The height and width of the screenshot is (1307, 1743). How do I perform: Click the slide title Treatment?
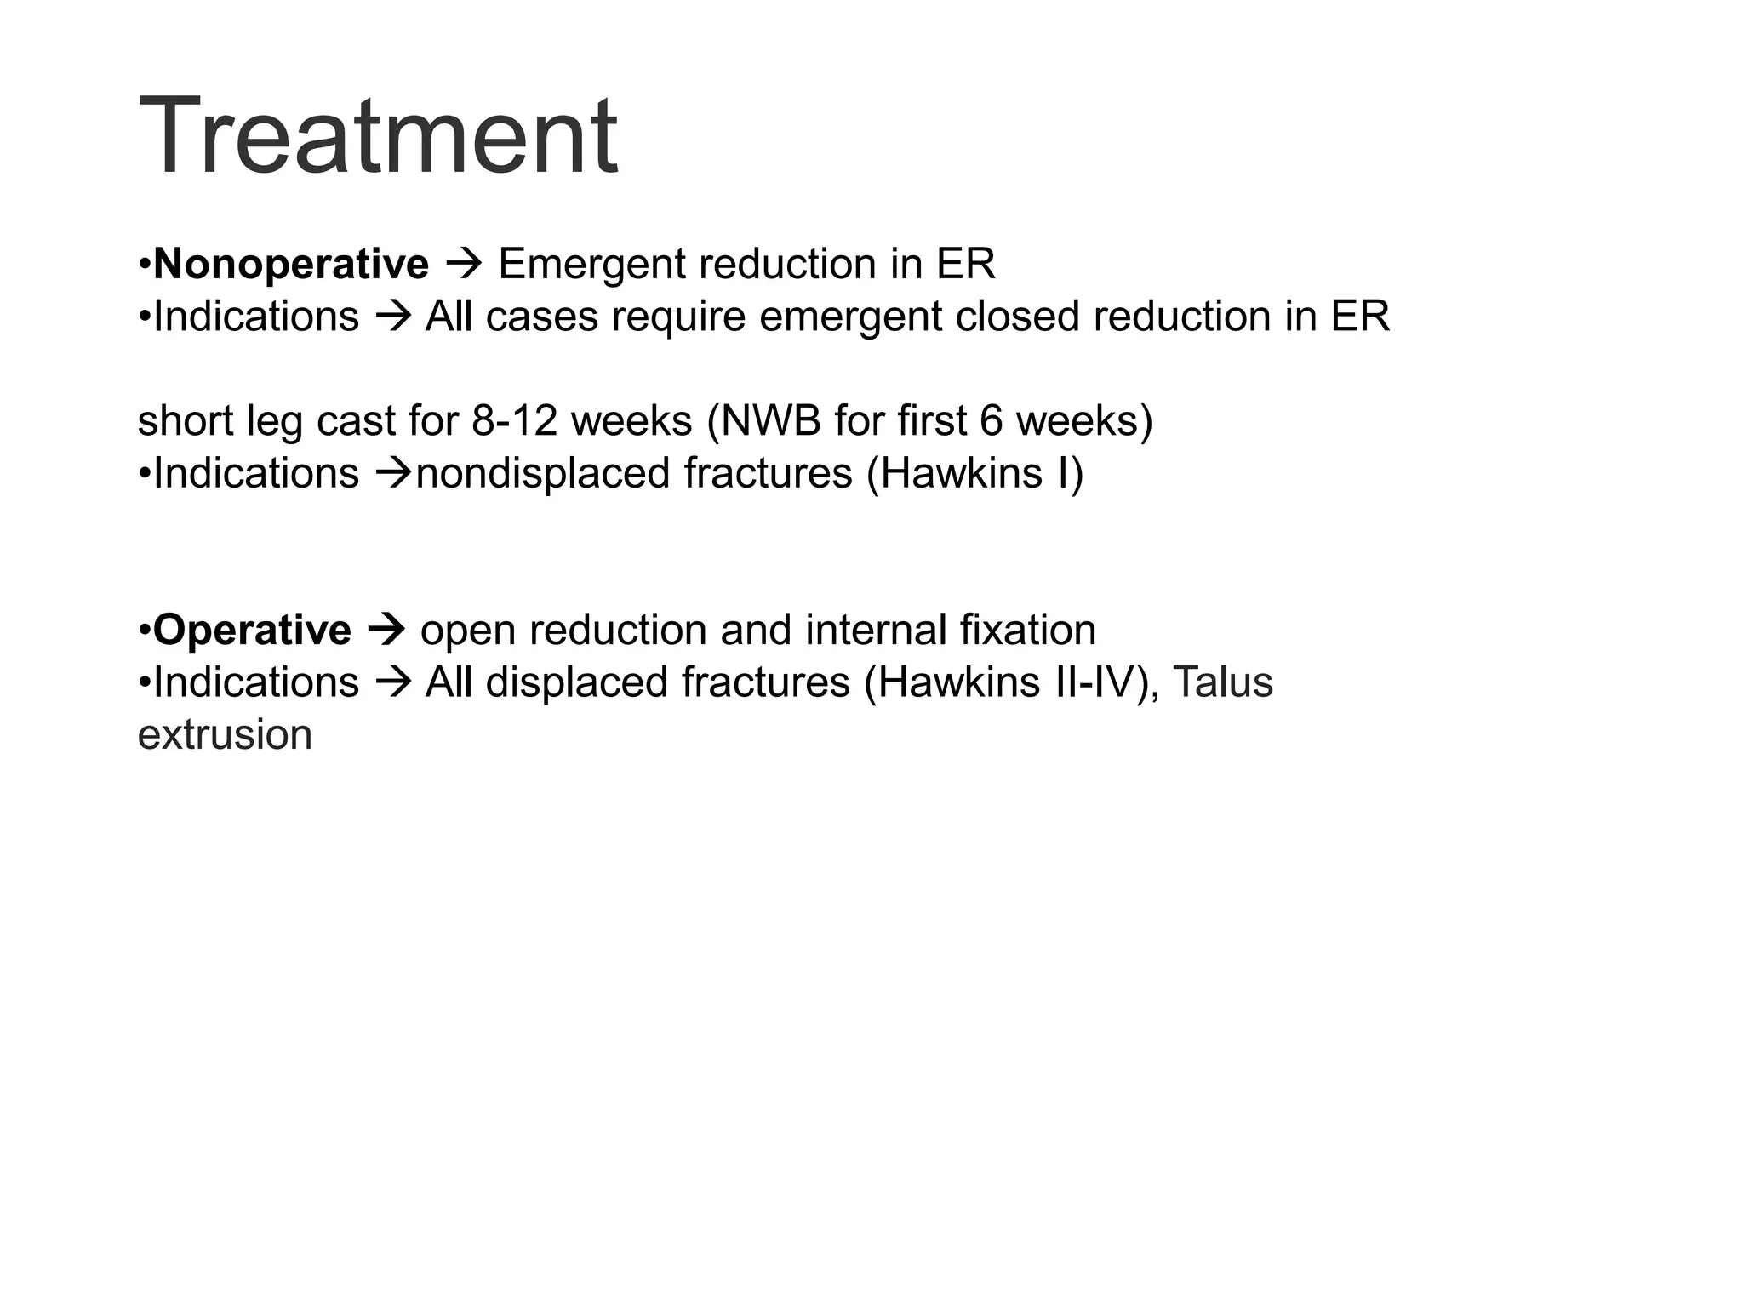pos(378,136)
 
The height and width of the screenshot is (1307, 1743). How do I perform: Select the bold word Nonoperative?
pos(291,264)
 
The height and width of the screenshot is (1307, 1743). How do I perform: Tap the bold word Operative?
pos(252,630)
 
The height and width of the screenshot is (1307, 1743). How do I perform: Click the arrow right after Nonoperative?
pos(464,264)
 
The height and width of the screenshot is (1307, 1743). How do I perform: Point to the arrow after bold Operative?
pos(386,630)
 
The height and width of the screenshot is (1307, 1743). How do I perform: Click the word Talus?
pos(1223,682)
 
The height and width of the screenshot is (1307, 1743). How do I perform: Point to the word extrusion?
pos(225,735)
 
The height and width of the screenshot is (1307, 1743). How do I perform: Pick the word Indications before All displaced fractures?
pos(256,682)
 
